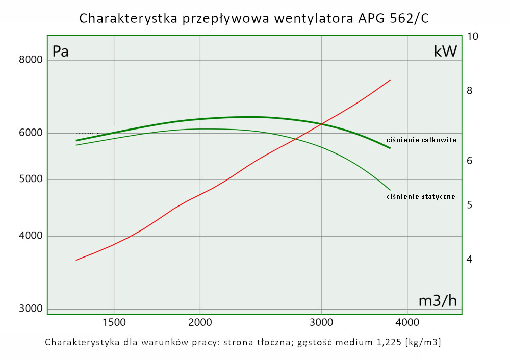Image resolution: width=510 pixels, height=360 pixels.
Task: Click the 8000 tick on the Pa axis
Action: click(32, 60)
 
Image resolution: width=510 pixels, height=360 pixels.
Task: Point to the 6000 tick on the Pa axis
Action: click(32, 133)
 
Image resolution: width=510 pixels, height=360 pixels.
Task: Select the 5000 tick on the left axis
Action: click(32, 179)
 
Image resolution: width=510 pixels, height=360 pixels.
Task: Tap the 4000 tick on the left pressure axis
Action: click(32, 236)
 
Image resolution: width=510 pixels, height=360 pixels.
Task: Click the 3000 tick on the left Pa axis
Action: click(32, 309)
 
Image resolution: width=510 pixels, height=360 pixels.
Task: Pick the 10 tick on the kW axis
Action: click(473, 36)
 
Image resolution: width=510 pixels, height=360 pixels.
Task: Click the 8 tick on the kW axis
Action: click(470, 91)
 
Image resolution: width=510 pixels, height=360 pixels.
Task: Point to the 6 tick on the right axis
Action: click(470, 161)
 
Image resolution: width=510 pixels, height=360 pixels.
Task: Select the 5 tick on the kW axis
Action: click(470, 205)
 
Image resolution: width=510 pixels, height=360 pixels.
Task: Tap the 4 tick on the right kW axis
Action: click(470, 260)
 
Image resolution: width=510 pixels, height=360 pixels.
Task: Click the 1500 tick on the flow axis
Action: click(114, 322)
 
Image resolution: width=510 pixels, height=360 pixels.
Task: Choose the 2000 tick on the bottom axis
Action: click(200, 322)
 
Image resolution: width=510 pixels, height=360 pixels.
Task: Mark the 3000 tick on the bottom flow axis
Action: click(321, 322)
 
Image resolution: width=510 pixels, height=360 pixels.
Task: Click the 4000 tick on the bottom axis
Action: click(407, 322)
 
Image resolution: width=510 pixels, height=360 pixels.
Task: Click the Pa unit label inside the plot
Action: click(61, 52)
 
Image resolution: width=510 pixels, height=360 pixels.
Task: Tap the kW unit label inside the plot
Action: click(445, 51)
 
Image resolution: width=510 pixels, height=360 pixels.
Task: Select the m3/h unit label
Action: click(438, 301)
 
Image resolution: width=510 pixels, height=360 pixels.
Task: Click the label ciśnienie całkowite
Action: click(421, 140)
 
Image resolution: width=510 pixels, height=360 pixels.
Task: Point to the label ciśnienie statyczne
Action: click(421, 196)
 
